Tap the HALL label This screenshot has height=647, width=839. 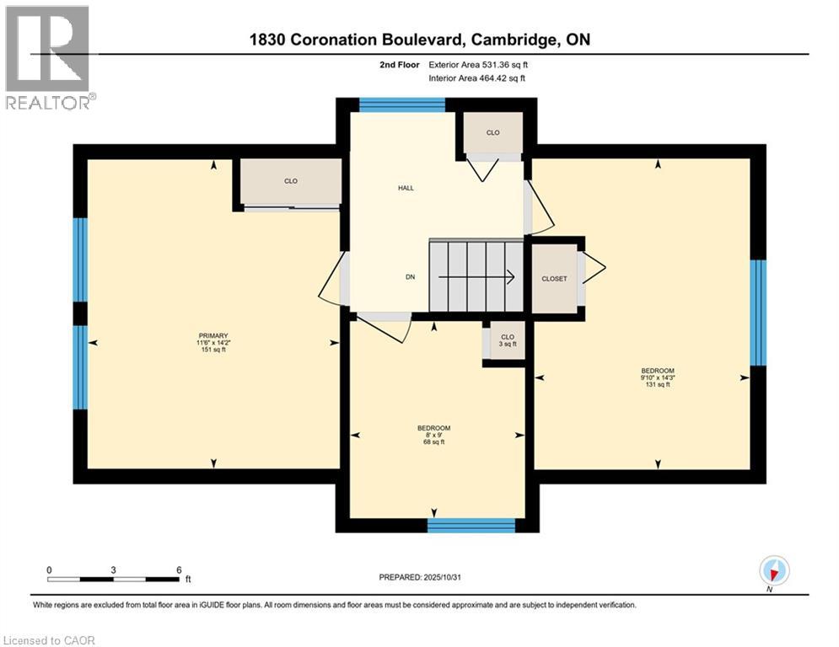[406, 189]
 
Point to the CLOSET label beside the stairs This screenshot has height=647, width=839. [554, 279]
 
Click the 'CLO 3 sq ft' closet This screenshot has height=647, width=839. [507, 341]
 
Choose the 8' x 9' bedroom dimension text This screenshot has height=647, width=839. [433, 435]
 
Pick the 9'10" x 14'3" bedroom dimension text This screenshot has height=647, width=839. [657, 378]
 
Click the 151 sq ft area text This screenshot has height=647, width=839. [212, 350]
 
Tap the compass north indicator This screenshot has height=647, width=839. [773, 571]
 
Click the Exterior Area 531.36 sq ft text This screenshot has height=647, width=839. [478, 64]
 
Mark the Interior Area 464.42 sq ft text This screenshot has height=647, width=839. [478, 78]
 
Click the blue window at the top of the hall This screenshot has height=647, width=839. [402, 105]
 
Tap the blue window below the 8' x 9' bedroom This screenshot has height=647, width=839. [471, 526]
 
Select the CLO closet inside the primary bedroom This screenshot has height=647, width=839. [291, 181]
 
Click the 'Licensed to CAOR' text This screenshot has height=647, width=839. [50, 640]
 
